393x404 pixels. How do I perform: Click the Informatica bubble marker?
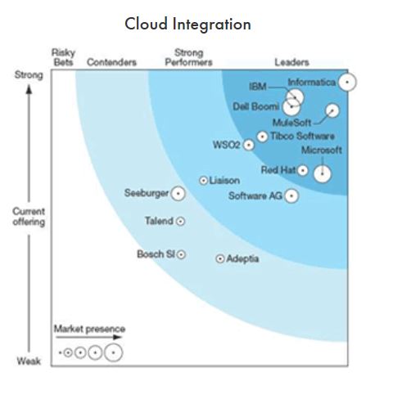(347, 82)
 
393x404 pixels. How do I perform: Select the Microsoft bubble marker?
(323, 173)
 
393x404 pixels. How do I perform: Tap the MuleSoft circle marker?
(332, 110)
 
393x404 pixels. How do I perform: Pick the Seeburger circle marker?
(178, 194)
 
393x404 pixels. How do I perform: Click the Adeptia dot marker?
(220, 258)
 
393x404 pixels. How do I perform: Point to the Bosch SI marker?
(181, 254)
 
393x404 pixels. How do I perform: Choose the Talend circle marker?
(180, 221)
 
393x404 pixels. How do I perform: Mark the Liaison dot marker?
(203, 181)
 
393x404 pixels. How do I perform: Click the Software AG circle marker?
(291, 195)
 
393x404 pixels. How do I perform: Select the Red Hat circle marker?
(302, 171)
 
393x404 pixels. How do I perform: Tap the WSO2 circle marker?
(248, 145)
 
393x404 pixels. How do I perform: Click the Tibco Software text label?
(302, 136)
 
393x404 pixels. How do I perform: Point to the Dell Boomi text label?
(256, 106)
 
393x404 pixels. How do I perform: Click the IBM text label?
(258, 87)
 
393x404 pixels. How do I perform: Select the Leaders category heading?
(291, 62)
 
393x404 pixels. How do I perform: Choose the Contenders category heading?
(111, 62)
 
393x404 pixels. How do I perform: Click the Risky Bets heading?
(63, 57)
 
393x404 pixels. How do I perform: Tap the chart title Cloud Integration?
(187, 24)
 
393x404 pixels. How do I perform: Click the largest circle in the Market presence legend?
(114, 352)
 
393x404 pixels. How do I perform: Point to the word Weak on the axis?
(29, 361)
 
